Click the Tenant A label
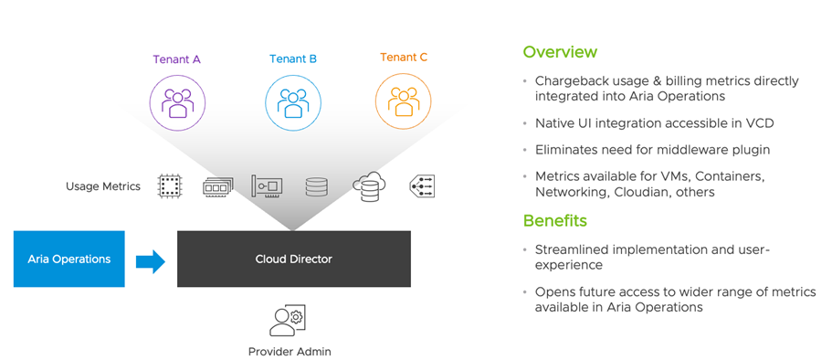click(x=176, y=59)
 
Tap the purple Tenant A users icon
click(x=177, y=102)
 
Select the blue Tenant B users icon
click(x=293, y=102)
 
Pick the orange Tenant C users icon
click(x=404, y=101)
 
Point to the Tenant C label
click(x=404, y=58)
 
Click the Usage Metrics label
click(x=103, y=186)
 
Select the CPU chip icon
click(x=170, y=186)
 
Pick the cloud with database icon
click(x=369, y=186)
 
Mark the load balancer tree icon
click(x=422, y=186)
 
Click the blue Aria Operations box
click(x=69, y=259)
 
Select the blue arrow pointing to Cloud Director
click(x=151, y=261)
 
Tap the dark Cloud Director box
click(x=294, y=259)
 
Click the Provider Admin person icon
click(x=287, y=320)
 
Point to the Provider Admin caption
click(x=290, y=352)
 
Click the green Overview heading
click(x=560, y=52)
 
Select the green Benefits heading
click(x=555, y=220)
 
